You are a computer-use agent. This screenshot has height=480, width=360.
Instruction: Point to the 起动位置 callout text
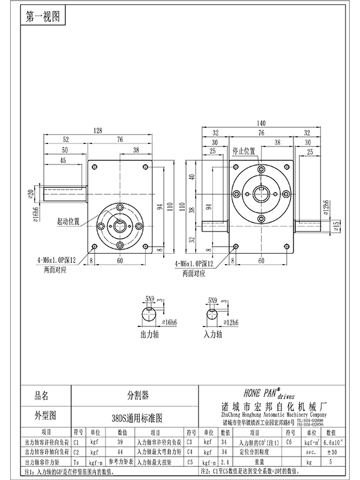coord(69,221)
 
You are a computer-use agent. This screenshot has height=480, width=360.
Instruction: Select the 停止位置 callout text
coord(244,151)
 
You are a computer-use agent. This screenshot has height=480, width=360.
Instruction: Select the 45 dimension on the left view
coord(62,160)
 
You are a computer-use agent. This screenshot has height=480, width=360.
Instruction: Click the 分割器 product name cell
coord(137,396)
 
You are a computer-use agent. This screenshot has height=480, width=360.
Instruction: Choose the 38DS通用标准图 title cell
coord(137,416)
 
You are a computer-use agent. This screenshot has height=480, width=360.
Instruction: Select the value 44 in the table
coord(121,451)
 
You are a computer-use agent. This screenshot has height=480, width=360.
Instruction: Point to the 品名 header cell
coord(41,396)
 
